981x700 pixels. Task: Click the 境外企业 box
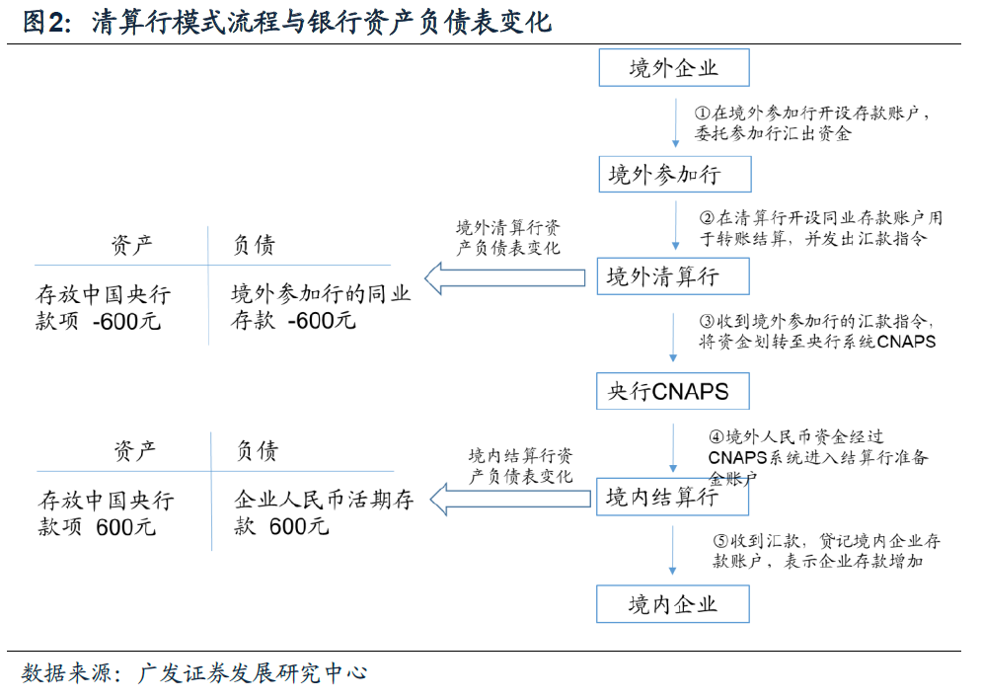(674, 68)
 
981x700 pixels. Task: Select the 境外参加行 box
(674, 175)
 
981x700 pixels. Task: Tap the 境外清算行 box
(672, 276)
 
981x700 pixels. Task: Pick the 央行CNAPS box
(672, 391)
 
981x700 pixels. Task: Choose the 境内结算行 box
(672, 497)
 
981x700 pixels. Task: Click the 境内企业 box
(672, 603)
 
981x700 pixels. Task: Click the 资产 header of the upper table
(132, 246)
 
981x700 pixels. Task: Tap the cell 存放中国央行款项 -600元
(104, 307)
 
